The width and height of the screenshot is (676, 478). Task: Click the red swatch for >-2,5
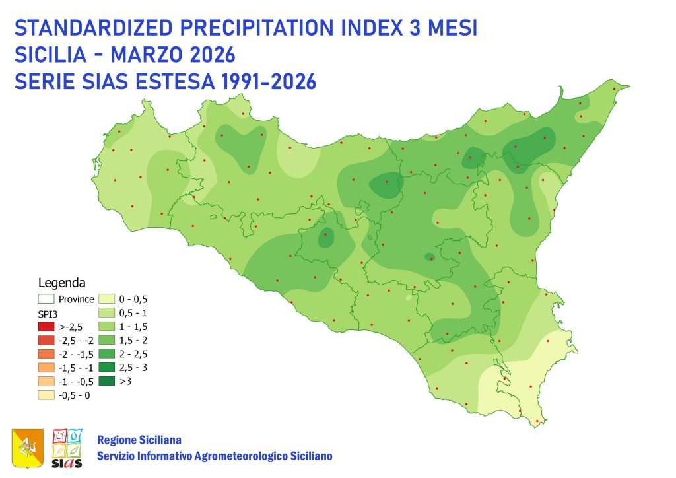[x=46, y=326]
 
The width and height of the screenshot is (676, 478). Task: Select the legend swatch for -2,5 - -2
[x=46, y=340]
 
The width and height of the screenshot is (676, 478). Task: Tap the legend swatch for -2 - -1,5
[x=46, y=354]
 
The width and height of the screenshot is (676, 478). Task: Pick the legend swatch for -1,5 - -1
[x=46, y=367]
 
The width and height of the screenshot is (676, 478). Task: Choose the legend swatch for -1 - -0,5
[x=46, y=381]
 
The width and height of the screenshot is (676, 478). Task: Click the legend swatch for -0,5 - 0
[x=46, y=395]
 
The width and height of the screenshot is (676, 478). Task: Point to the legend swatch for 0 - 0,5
[x=107, y=299]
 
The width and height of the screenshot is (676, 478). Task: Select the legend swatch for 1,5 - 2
[x=107, y=340]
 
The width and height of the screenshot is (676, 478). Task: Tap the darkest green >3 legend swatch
[x=107, y=381]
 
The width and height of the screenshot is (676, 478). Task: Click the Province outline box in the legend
[x=46, y=299]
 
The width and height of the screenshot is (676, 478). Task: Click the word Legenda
[x=61, y=283]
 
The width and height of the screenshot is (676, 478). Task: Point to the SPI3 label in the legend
[x=48, y=312]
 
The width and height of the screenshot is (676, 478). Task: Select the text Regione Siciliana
[x=139, y=440]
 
